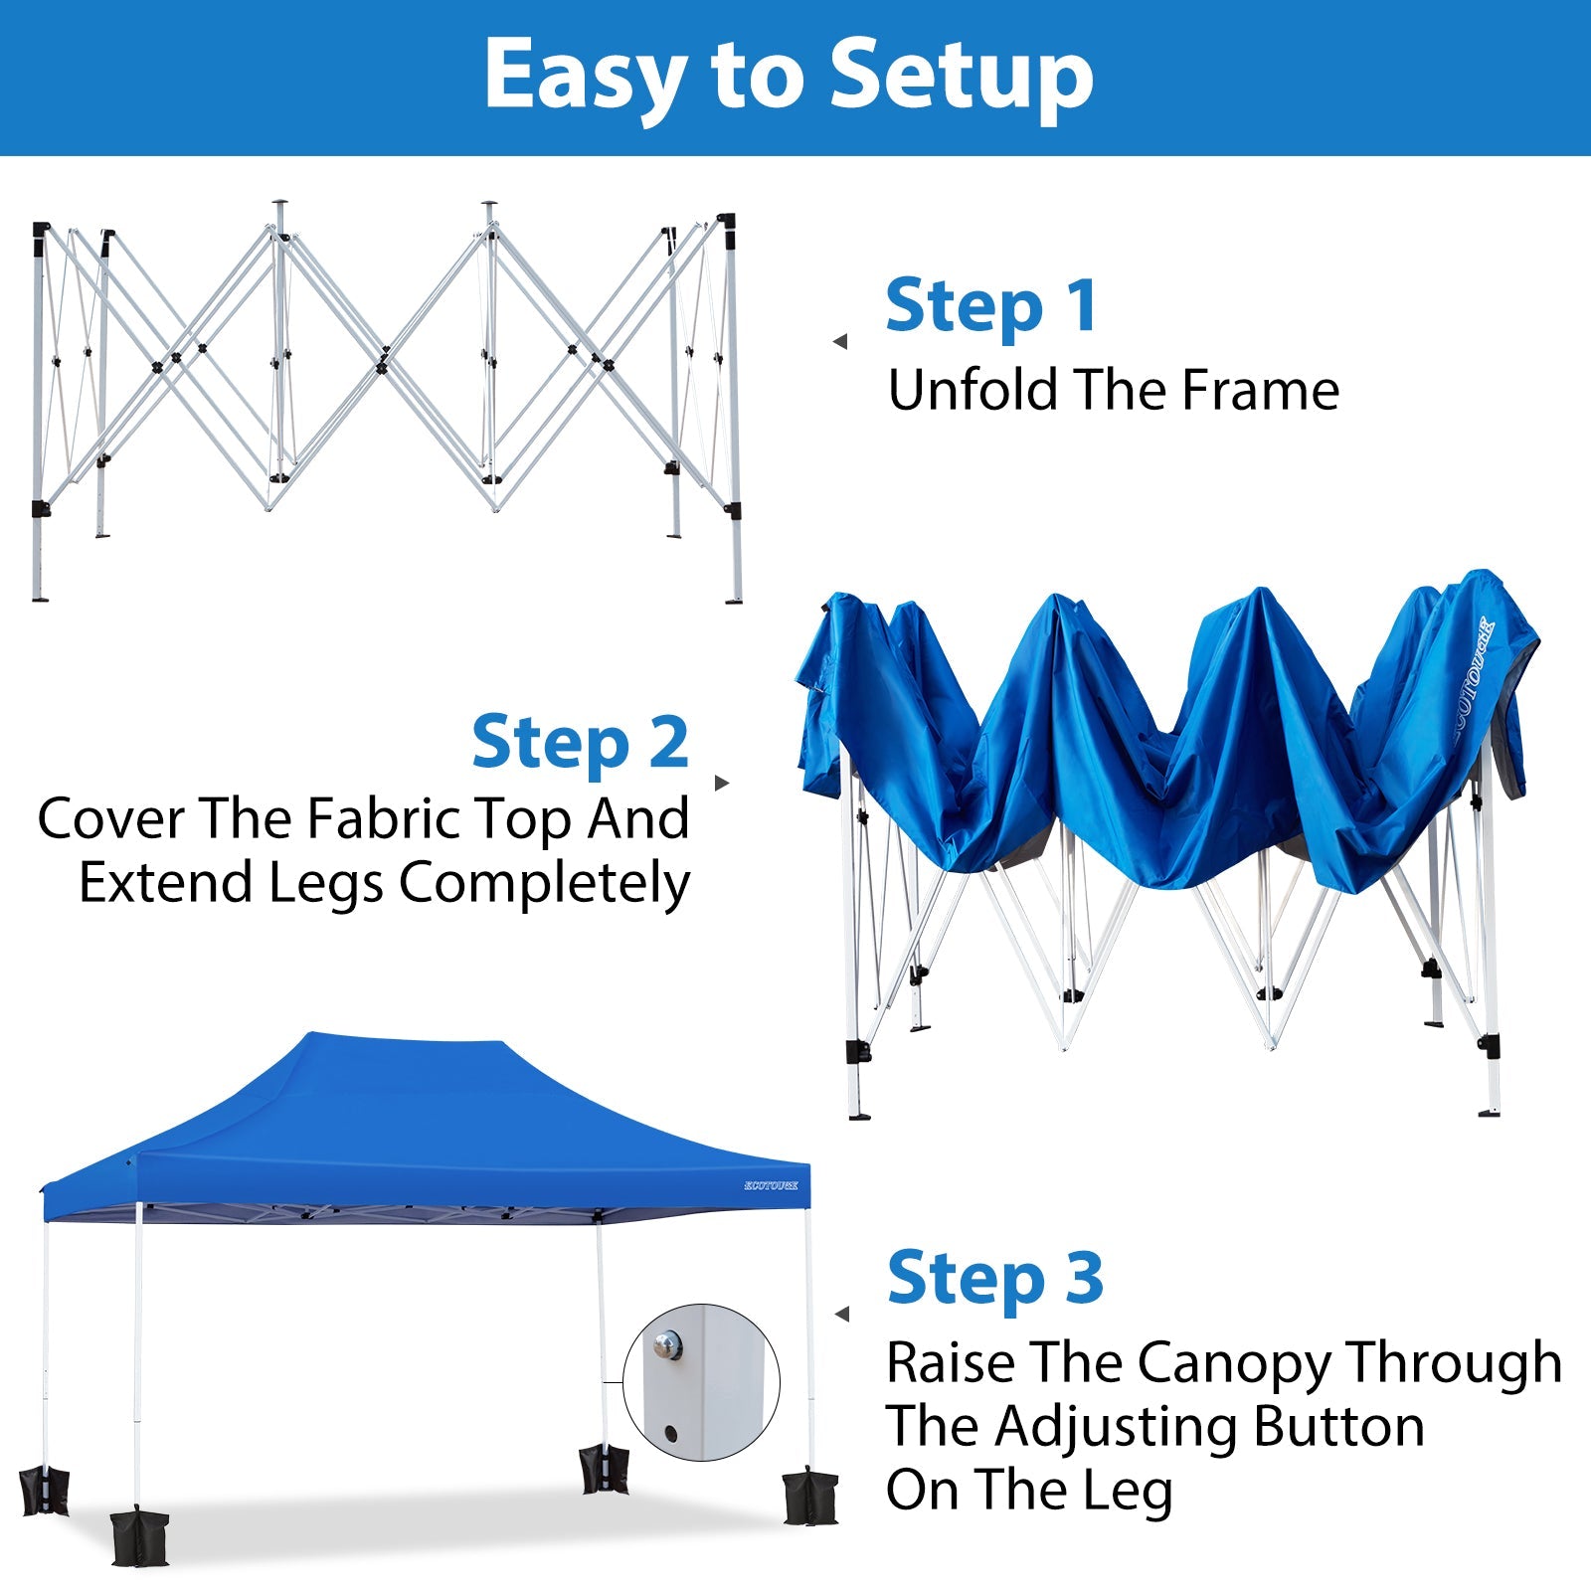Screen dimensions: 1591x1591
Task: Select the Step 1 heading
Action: [x=991, y=306]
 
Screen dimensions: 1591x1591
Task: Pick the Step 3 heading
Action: [x=995, y=1279]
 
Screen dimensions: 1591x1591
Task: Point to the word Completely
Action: [x=545, y=883]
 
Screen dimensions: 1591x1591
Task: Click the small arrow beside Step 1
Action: [x=840, y=341]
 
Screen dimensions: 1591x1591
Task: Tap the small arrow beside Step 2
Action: [x=722, y=783]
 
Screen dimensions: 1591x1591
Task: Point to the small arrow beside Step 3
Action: [x=842, y=1315]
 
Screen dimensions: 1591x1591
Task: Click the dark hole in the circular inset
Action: [x=670, y=1434]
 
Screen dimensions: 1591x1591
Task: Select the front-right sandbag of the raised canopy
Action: [x=809, y=1497]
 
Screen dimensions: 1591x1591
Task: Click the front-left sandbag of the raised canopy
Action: [x=139, y=1537]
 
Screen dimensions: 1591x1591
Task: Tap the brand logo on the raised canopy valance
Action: [x=771, y=1185]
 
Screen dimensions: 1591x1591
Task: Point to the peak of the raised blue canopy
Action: [x=408, y=1040]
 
